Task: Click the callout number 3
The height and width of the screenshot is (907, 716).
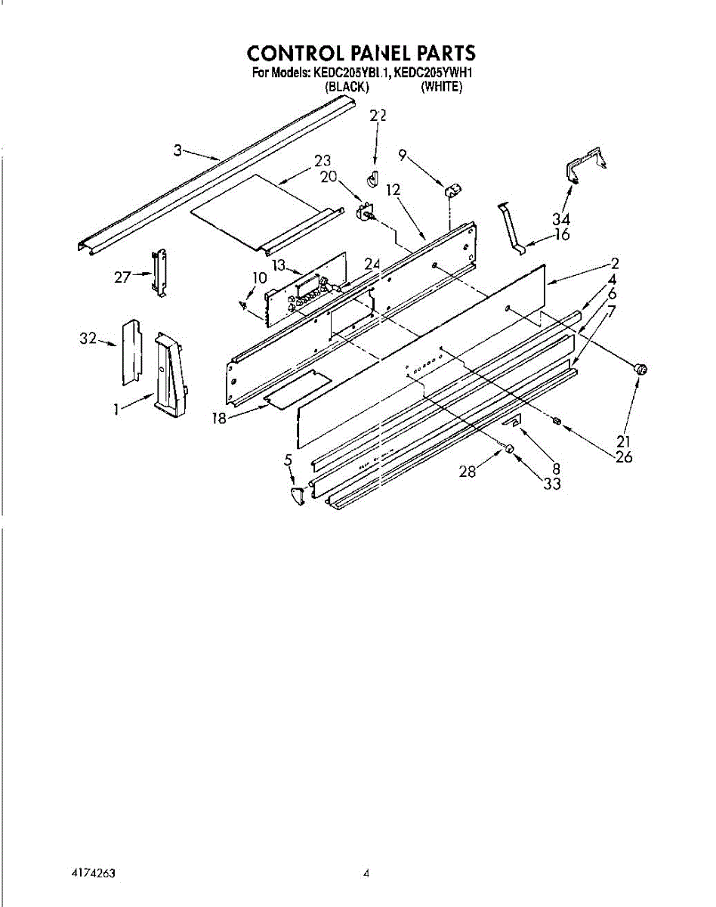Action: pos(177,151)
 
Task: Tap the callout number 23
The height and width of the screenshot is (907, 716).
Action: pos(323,161)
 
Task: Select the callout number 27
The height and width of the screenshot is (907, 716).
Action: pos(122,277)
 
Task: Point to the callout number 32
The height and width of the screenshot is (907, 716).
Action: pos(88,339)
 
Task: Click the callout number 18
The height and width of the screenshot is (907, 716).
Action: pos(219,417)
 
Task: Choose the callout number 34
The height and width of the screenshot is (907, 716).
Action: pos(560,218)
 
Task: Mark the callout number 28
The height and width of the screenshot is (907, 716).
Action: pos(468,472)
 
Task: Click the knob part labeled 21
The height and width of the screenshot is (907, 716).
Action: pos(641,370)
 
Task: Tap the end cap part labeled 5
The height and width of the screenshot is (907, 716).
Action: pos(298,495)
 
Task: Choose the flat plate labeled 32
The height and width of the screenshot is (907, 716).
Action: pos(131,351)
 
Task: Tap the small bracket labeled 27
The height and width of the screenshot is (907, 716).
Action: pos(159,273)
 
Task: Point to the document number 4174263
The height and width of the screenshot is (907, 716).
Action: pos(93,873)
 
